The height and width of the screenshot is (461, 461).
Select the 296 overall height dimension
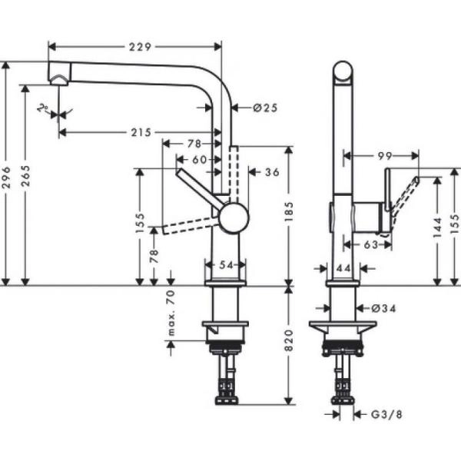(8, 175)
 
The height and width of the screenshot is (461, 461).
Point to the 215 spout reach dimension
(139, 132)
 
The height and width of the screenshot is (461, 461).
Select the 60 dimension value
(200, 159)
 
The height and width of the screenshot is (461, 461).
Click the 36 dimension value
(271, 172)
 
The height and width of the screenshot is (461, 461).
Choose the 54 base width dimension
(226, 264)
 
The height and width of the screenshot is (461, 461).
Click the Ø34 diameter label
(382, 308)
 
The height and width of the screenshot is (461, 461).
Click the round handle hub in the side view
(234, 217)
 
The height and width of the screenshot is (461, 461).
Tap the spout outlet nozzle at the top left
(58, 77)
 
